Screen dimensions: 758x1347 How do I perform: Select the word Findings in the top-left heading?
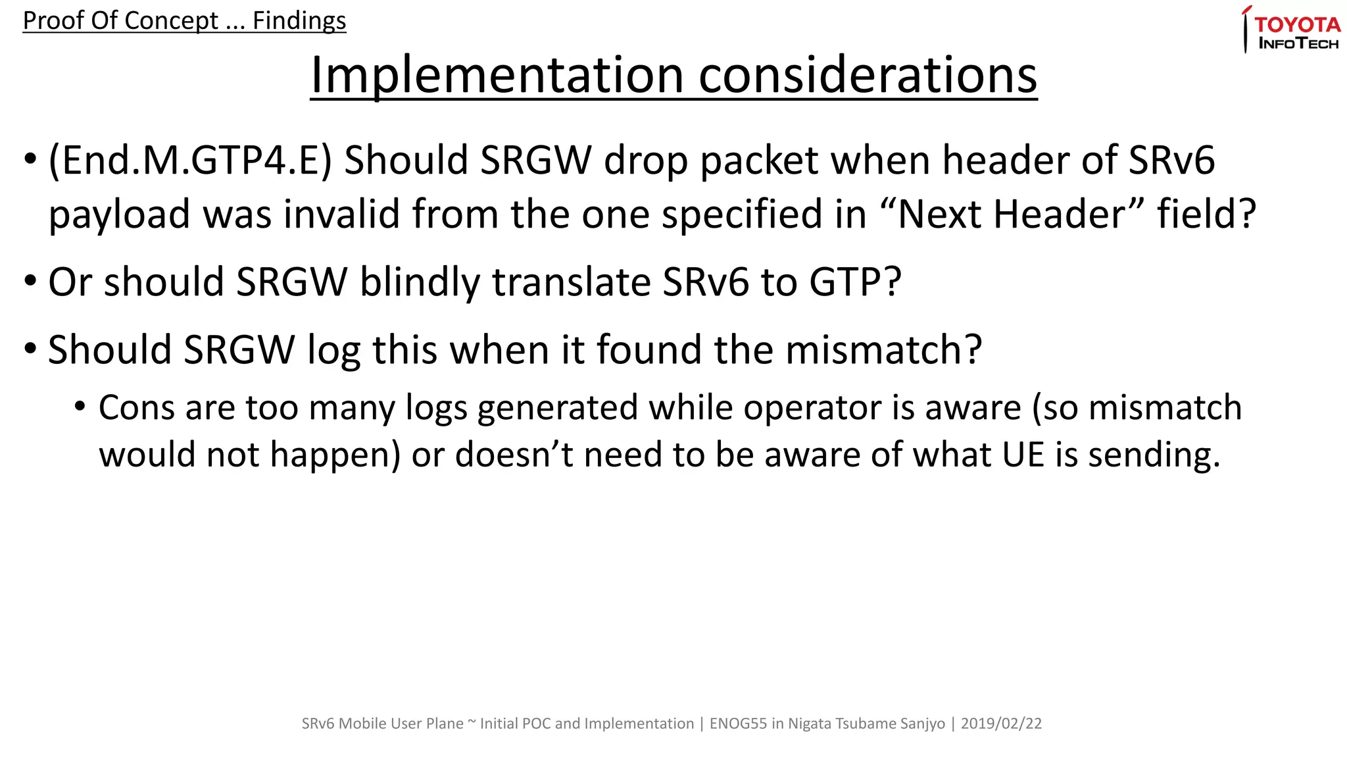299,21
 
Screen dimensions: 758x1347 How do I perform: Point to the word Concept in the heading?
171,21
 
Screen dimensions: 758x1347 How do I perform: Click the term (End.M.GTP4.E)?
190,161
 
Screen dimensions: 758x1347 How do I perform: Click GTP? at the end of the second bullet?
855,282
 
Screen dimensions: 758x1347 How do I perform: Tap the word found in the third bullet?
649,349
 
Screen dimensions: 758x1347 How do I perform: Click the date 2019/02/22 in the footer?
1001,724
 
